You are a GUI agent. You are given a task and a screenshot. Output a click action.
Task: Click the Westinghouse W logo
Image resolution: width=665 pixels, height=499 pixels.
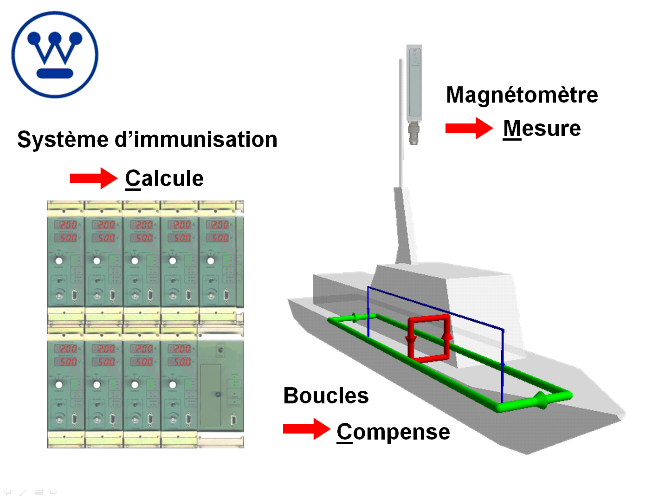coord(55,55)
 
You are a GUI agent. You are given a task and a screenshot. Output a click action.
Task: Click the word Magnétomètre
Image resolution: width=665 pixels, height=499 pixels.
coord(522,95)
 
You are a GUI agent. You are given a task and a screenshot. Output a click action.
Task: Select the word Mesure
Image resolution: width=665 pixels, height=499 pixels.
coord(542,129)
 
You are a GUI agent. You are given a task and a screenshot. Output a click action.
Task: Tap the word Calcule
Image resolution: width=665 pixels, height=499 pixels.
coord(164,179)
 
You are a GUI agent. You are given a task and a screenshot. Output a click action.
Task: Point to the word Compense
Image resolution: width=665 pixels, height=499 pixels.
coord(393,432)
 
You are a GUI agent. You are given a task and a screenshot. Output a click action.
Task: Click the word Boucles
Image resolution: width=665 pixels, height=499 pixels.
coord(326,396)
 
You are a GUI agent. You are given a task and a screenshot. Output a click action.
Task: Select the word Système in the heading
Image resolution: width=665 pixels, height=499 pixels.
coord(63,140)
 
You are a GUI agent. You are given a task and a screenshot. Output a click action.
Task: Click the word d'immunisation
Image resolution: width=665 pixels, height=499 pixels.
coord(196,140)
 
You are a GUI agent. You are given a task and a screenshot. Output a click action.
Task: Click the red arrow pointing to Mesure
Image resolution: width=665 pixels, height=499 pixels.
coord(469,128)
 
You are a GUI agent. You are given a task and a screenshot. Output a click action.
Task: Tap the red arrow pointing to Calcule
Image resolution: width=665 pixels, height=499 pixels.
coord(93,178)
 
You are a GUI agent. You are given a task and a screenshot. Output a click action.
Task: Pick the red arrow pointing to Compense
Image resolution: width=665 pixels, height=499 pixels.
coord(306,429)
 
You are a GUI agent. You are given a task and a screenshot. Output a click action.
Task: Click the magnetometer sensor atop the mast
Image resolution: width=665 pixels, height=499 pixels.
coord(414,81)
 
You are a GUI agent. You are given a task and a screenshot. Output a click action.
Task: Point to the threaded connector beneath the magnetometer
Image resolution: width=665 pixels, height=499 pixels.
coord(414,133)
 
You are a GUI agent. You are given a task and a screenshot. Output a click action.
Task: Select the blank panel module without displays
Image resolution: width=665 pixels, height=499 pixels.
coord(220,388)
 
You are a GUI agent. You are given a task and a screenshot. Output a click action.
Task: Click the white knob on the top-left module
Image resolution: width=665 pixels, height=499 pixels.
coord(59,260)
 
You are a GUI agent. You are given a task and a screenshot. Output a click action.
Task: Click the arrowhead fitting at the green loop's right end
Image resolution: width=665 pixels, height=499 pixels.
coord(540,400)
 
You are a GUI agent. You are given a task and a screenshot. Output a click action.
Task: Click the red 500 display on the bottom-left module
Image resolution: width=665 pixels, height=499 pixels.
coord(68,362)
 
